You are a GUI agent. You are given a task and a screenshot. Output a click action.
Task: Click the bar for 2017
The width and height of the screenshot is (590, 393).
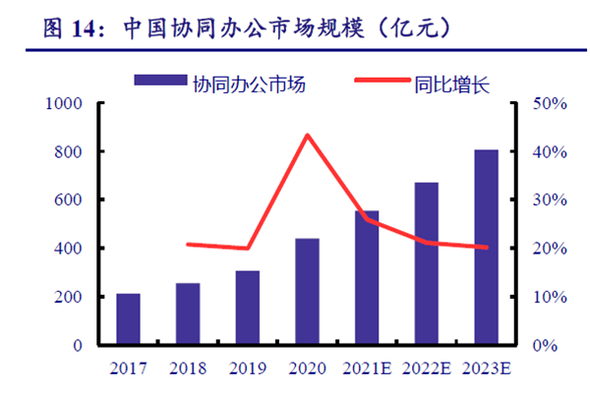128,319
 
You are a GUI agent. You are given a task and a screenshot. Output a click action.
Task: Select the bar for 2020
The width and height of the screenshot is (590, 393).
307,292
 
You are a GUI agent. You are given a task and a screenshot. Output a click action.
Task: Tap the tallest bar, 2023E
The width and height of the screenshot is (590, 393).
486,248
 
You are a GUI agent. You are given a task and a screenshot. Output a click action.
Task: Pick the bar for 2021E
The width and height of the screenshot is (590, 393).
367,278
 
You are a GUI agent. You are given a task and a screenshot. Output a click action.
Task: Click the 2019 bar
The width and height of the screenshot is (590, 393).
248,308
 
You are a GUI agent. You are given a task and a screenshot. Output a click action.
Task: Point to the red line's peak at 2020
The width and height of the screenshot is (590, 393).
307,135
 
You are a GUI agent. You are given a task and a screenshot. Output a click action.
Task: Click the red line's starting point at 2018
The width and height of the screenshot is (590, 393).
188,244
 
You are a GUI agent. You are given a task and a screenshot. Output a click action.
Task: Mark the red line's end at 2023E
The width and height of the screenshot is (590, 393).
486,248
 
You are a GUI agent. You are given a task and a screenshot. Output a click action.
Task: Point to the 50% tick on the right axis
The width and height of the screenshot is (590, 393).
542,103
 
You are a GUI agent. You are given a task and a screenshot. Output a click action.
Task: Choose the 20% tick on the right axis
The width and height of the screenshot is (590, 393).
542,249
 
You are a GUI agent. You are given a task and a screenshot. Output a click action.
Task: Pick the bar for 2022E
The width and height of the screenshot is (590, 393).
426,263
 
